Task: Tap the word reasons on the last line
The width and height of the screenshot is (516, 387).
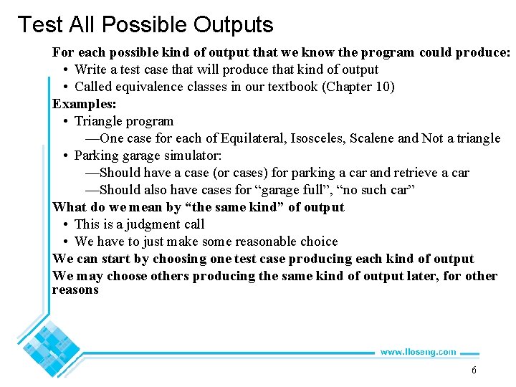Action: (x=75, y=290)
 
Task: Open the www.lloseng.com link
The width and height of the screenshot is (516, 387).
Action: (x=418, y=352)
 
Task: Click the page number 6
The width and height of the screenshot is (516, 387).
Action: (x=474, y=371)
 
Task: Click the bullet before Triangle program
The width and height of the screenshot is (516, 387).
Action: (x=65, y=121)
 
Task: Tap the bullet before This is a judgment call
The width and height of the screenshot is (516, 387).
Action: (x=65, y=224)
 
